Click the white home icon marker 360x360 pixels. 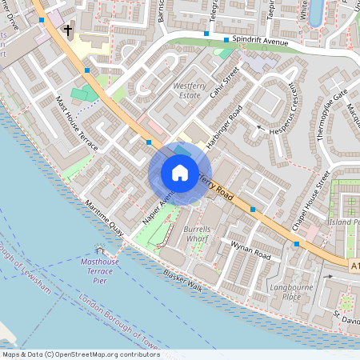tap(180, 172)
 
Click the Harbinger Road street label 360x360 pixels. tap(225, 126)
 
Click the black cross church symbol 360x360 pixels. tap(68, 31)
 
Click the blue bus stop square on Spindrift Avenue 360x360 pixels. tap(226, 40)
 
